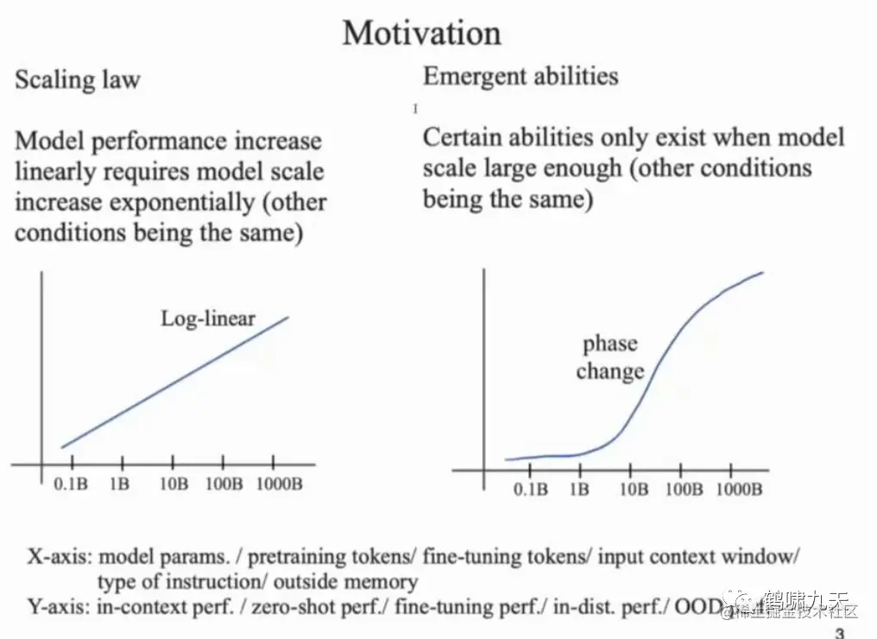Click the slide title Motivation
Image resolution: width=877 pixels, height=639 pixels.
[x=421, y=34]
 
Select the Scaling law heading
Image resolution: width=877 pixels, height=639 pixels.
[x=77, y=81]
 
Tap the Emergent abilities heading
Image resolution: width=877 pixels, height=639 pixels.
[x=521, y=76]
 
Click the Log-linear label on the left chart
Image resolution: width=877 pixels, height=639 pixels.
[x=208, y=319]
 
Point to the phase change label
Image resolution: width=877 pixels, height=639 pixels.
[x=609, y=357]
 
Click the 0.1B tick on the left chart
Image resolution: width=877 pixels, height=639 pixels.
[x=71, y=484]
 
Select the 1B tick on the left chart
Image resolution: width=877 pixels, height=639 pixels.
[x=119, y=484]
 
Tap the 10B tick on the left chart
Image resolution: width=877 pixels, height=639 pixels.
[x=174, y=484]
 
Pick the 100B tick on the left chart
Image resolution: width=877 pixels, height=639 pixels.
[x=224, y=484]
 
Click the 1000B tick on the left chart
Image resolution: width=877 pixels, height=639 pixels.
[x=279, y=484]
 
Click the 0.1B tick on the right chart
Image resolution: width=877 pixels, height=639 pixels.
[x=530, y=490]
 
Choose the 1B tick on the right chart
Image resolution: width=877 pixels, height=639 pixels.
[x=579, y=490]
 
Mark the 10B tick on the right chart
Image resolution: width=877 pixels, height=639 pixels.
[x=634, y=490]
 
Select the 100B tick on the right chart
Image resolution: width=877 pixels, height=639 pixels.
[x=684, y=490]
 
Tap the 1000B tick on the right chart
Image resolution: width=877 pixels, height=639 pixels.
[x=739, y=490]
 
